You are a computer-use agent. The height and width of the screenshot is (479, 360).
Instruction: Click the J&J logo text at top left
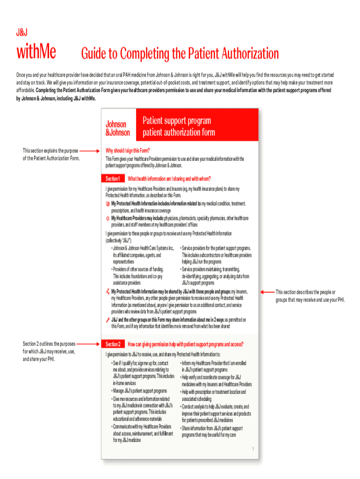(22, 32)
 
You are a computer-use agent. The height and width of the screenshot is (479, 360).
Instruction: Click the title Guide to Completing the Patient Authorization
(180, 54)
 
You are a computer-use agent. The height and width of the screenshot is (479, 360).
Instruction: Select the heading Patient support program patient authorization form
(179, 126)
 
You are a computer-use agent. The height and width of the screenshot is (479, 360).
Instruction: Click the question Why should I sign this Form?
(128, 151)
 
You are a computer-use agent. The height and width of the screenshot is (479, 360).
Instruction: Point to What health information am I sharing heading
(169, 179)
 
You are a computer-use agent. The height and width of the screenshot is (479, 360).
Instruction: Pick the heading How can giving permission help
(185, 344)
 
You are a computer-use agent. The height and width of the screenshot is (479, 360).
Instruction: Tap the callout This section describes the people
(310, 296)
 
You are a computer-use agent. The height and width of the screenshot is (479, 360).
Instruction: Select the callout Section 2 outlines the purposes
(49, 351)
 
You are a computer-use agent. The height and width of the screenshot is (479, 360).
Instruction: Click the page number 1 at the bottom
(252, 449)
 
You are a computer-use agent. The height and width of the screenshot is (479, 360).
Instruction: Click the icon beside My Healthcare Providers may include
(108, 218)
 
